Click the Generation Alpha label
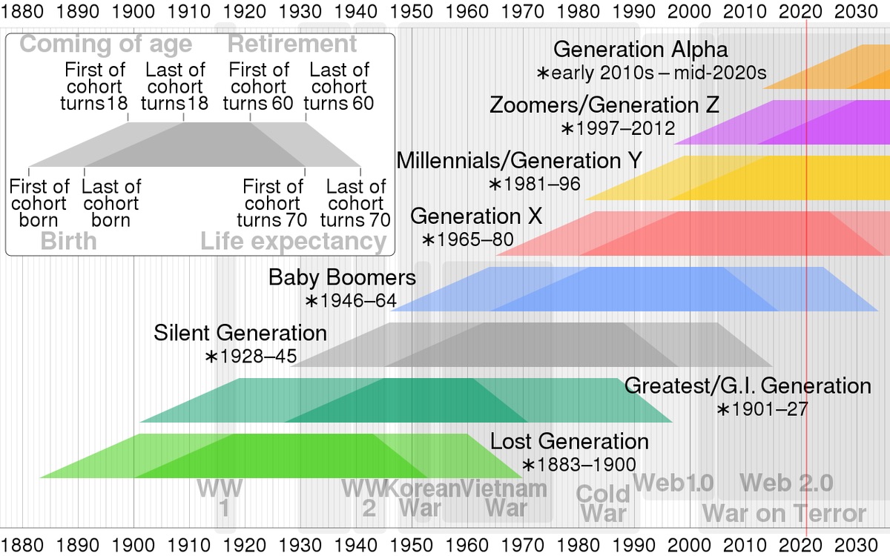click(x=640, y=50)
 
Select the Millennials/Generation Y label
click(x=519, y=161)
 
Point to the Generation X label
click(x=476, y=216)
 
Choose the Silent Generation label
click(x=240, y=333)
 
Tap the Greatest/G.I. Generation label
click(x=748, y=385)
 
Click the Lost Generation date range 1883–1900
click(x=578, y=465)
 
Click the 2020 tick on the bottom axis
click(x=802, y=543)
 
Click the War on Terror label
click(x=784, y=513)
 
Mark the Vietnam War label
click(x=505, y=498)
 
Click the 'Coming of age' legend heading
click(x=105, y=44)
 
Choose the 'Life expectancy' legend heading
click(x=294, y=242)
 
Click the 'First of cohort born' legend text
click(x=39, y=203)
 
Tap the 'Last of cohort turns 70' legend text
click(x=355, y=203)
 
